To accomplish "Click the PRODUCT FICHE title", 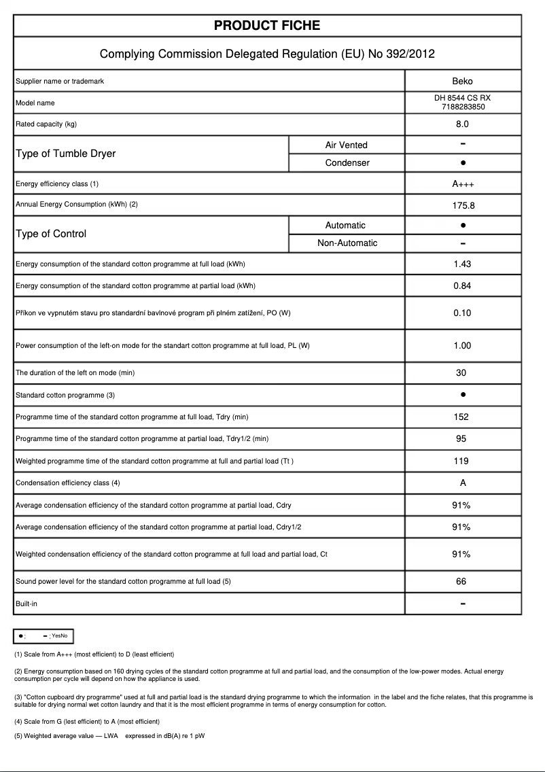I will [267, 26].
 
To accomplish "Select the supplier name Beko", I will [462, 82].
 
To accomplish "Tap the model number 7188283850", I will [462, 107].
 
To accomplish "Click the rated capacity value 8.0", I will [462, 124].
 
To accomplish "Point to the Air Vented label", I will [346, 145].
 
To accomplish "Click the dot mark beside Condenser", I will [462, 163].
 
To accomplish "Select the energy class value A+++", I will [462, 184].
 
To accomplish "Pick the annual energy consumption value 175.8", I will [462, 205].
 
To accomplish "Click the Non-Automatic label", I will [347, 243].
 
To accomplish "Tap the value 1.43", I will [462, 264].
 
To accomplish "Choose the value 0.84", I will [462, 285].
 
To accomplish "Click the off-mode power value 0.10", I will [462, 313].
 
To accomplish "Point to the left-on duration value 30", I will [461, 373].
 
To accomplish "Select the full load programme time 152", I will [461, 417].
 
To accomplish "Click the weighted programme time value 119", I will [461, 461].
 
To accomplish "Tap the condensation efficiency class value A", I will [462, 483].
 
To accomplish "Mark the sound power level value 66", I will [461, 582].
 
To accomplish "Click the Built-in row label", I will [27, 603].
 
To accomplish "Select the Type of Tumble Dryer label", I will [65, 154].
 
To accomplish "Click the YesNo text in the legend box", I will [59, 635].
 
